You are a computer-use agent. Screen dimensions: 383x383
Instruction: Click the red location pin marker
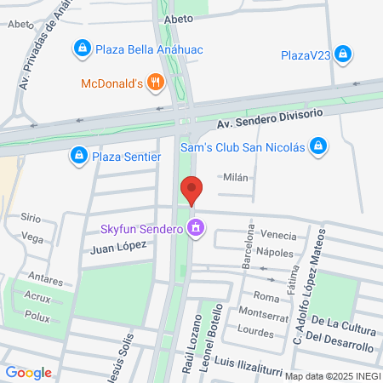click(x=191, y=190)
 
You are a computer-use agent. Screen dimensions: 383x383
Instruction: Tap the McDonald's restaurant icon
click(x=155, y=83)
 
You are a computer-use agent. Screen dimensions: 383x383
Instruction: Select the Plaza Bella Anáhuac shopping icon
click(x=82, y=49)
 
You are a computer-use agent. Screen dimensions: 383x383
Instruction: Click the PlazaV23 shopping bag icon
click(x=343, y=55)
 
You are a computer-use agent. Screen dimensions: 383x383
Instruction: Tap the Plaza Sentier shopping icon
click(x=78, y=156)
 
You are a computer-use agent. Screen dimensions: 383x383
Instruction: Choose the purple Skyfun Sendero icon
click(x=197, y=227)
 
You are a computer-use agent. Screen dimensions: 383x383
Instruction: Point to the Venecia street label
click(x=278, y=236)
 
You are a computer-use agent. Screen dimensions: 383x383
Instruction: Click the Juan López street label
click(x=120, y=244)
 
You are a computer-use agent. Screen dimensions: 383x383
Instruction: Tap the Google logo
click(x=28, y=372)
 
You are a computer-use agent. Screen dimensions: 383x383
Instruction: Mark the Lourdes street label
click(x=254, y=329)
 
